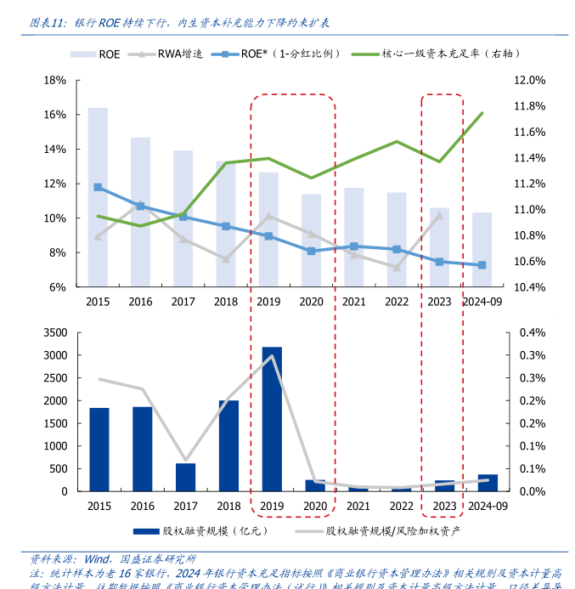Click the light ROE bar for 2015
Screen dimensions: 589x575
coord(98,197)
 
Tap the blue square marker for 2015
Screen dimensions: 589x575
coord(98,187)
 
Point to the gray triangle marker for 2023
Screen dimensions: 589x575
coord(439,216)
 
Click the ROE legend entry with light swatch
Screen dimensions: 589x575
coord(99,54)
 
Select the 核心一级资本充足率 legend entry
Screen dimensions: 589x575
coord(444,54)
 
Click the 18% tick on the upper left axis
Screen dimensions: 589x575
coord(55,80)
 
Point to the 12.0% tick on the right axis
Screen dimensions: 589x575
coord(528,80)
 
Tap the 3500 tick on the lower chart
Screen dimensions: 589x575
coord(53,332)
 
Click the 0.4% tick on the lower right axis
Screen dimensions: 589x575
coord(528,332)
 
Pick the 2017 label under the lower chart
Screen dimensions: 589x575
coord(183,506)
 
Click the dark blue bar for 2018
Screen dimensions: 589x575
coord(228,445)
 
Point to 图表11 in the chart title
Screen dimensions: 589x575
coord(47,22)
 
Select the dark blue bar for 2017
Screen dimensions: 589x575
coord(185,477)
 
